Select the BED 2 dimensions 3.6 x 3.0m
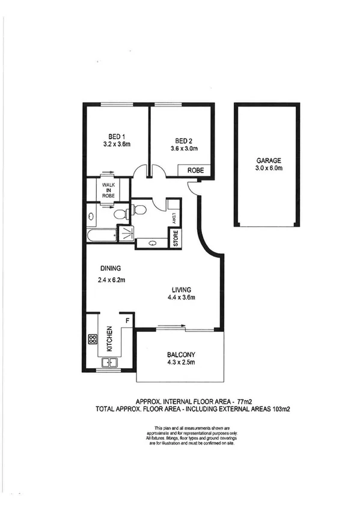(185, 148)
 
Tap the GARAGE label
(268, 161)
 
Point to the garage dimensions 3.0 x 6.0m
(268, 169)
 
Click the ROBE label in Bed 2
(196, 171)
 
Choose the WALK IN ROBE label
(108, 190)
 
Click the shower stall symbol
(126, 233)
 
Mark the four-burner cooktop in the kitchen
(93, 339)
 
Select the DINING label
(111, 268)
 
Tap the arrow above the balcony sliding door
(171, 327)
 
